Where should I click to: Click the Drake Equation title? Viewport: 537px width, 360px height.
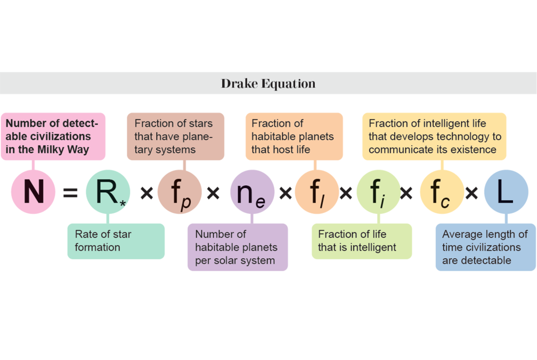[268, 84]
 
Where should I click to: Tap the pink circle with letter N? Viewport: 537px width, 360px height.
[33, 192]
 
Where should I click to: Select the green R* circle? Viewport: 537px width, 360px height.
[108, 192]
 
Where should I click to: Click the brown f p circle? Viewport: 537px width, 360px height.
[180, 192]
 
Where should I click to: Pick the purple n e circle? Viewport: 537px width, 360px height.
[252, 192]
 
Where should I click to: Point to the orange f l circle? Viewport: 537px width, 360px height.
[317, 192]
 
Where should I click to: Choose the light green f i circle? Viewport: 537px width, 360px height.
[378, 192]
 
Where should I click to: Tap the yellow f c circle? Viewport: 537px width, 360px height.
[442, 192]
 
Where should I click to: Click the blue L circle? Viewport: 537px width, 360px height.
[506, 192]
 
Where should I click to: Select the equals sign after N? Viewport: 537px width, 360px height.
[70, 192]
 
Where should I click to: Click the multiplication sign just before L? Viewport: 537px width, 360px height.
[471, 192]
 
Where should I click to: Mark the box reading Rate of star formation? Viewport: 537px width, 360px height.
[116, 241]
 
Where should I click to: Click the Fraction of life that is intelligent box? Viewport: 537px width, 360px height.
[362, 241]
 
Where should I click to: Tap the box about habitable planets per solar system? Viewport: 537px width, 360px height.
[238, 247]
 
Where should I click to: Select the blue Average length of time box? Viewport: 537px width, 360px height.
[485, 247]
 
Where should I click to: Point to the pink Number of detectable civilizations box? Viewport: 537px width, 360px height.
[53, 136]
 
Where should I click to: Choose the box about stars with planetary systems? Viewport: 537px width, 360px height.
[175, 136]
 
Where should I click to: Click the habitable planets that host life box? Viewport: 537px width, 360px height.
[294, 136]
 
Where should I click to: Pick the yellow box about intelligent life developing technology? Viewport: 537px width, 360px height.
[434, 136]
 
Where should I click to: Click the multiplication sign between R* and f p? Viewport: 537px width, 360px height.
[147, 192]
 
